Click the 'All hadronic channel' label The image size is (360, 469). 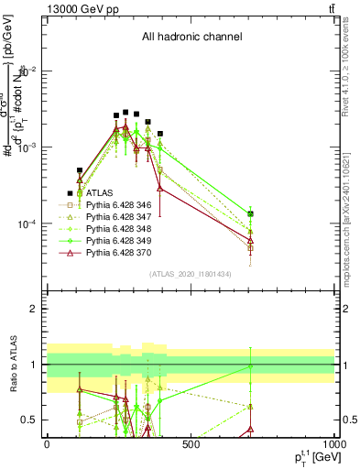coord(191,38)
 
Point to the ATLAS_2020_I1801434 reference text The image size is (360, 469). coord(189,274)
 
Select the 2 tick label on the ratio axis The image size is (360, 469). coord(35,309)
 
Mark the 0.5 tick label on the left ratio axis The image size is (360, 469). coord(31,420)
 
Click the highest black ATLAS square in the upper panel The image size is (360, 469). coord(125,112)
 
